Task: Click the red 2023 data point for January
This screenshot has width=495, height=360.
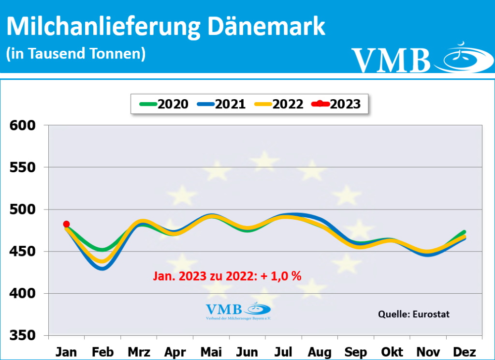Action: coord(66,224)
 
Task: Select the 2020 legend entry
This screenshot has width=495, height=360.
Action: coord(164,104)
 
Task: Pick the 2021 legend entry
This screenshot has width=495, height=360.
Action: coord(221,104)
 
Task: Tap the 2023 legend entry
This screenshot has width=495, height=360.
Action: coord(337,104)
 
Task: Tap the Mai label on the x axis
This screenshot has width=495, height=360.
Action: coord(211,352)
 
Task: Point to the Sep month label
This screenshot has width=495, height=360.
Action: coord(355,352)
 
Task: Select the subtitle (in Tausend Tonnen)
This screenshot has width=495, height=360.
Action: coord(76,53)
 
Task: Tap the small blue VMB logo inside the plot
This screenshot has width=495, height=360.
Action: coord(238,312)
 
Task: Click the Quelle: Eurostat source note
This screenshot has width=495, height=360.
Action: coord(413,314)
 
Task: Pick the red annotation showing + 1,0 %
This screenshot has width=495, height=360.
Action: coord(227,276)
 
